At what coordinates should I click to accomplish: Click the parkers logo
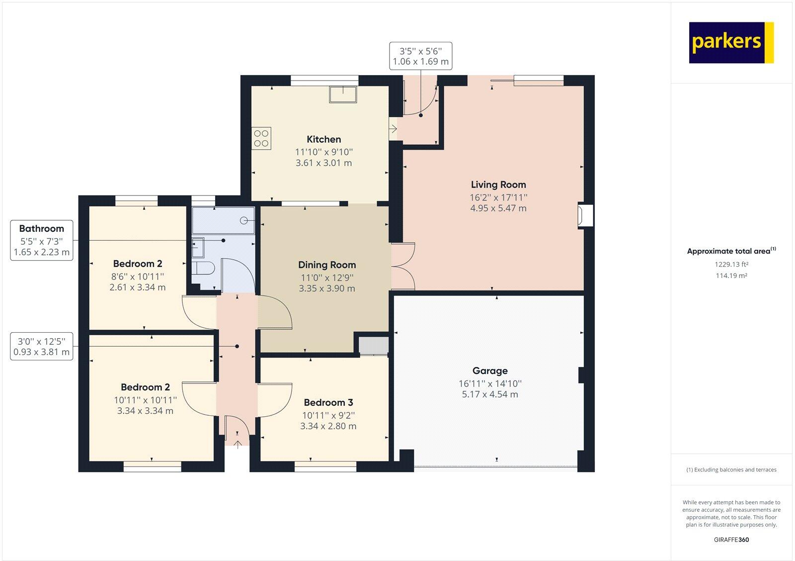tap(731, 42)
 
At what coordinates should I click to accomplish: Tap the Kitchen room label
tap(323, 139)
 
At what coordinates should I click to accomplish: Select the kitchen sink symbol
tap(342, 94)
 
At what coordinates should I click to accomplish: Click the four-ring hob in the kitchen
tap(261, 139)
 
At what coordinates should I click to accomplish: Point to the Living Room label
tap(498, 185)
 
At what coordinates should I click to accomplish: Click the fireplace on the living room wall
tap(584, 215)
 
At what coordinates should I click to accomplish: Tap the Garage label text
tap(490, 371)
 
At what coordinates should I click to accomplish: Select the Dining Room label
tap(326, 265)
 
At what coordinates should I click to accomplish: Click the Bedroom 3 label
tap(328, 402)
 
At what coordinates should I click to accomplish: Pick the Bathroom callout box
tap(42, 240)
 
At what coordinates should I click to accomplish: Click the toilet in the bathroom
tap(203, 269)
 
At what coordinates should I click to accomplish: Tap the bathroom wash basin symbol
tap(198, 245)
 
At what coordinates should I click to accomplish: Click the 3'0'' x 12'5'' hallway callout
tap(42, 347)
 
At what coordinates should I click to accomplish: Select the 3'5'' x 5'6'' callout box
tap(420, 56)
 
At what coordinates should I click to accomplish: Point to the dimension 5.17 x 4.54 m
tap(489, 394)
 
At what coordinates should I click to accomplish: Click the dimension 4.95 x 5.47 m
tap(498, 208)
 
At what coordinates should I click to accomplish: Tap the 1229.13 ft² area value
tap(731, 265)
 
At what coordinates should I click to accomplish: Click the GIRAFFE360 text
tap(731, 540)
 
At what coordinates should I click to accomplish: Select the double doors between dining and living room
tap(403, 266)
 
